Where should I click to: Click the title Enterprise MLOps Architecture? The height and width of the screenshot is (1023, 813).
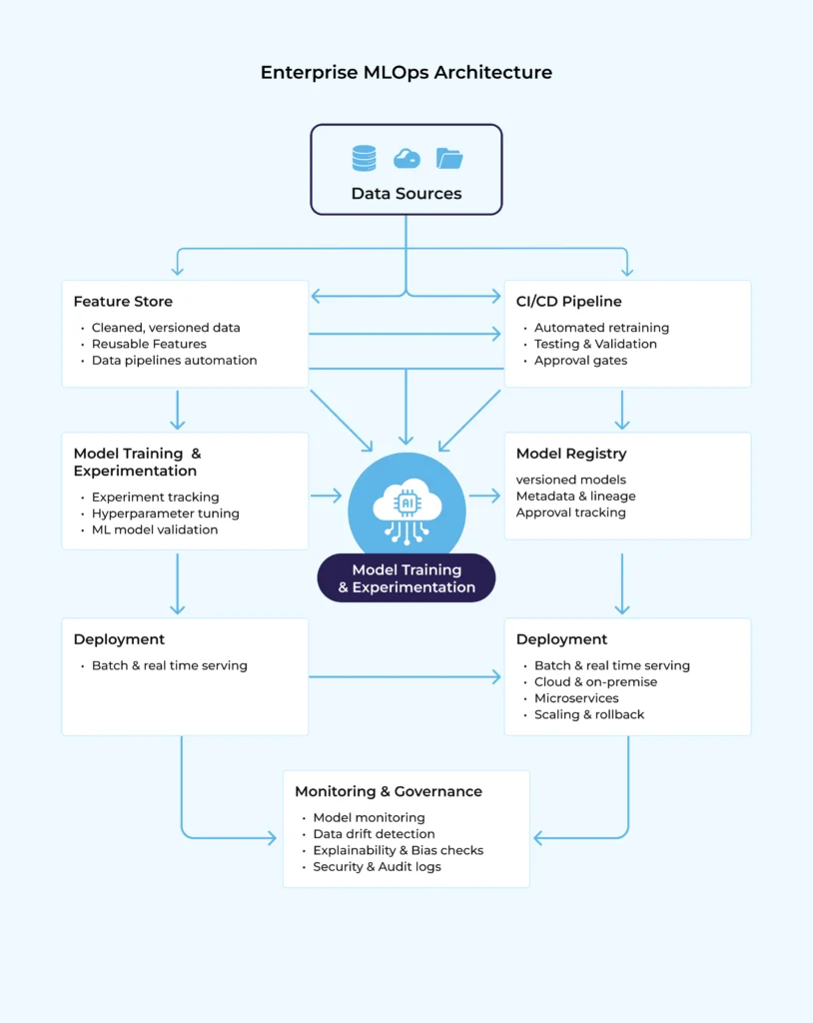tap(406, 72)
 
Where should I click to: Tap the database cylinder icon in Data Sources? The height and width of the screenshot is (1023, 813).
tap(364, 158)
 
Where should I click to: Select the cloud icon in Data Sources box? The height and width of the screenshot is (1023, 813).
tap(406, 159)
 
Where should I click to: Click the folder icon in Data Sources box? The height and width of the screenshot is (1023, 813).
tap(449, 158)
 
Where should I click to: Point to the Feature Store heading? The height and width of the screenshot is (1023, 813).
tap(123, 302)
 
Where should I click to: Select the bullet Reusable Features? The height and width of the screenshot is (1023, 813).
tap(149, 344)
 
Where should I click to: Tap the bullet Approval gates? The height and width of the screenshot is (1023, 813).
tap(580, 360)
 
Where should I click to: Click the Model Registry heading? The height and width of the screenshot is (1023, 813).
tap(571, 454)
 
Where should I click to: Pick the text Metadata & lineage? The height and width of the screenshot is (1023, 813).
tap(575, 496)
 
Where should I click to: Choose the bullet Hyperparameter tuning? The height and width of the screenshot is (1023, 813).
tap(165, 513)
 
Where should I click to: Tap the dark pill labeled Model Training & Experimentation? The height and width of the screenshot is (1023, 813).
tap(406, 578)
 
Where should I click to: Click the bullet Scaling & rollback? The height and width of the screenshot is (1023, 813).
tap(589, 714)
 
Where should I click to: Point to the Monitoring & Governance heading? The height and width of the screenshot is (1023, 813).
tap(388, 791)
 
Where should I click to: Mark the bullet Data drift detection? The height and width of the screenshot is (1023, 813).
tap(374, 833)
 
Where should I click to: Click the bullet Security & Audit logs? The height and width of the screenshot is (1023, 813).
tap(377, 866)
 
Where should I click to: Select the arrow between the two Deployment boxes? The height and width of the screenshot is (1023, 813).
tap(405, 677)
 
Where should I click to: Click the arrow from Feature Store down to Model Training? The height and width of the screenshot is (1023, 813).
tap(178, 410)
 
